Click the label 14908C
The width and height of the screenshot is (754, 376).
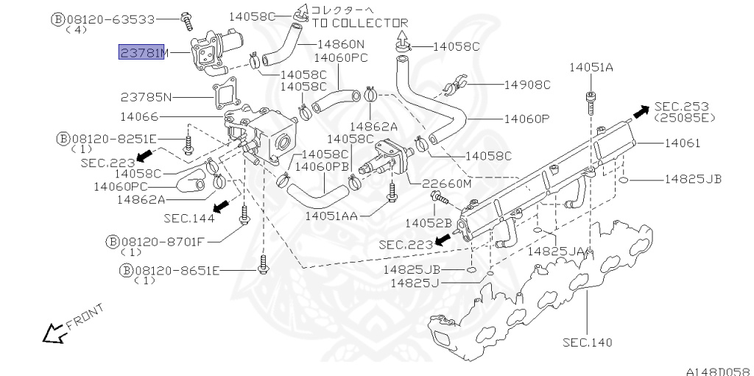(x=527, y=85)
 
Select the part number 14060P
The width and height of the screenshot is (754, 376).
(x=526, y=118)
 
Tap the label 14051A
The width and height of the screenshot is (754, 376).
(x=591, y=68)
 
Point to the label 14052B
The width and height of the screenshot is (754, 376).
(x=428, y=222)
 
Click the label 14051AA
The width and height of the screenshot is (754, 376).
(x=331, y=216)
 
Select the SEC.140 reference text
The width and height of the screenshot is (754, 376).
(x=587, y=342)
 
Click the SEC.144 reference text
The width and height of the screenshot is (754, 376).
(x=188, y=218)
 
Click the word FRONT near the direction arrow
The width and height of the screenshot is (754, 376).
(x=85, y=316)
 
